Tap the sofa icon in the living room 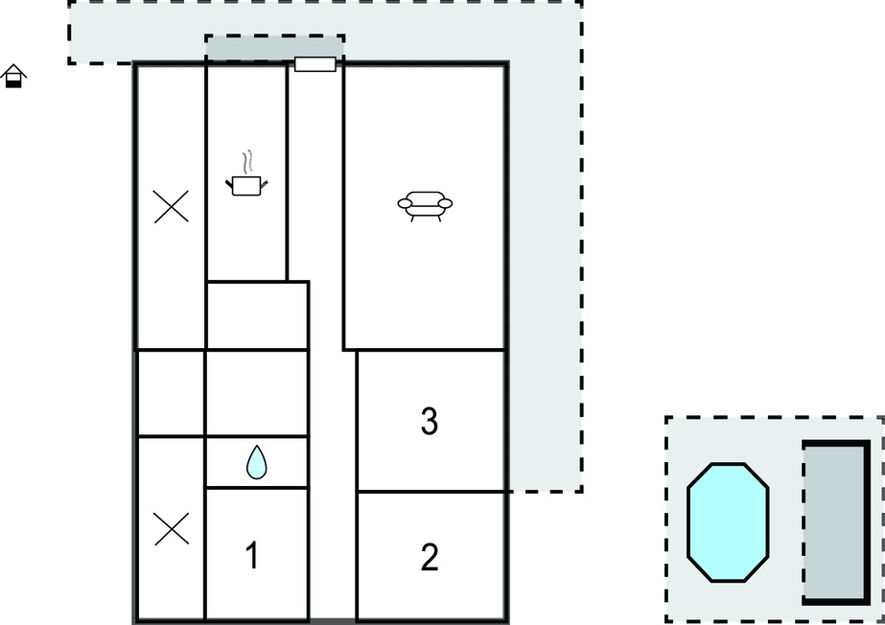(425, 205)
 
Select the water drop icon (257, 463)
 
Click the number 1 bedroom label (252, 555)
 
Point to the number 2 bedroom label (430, 557)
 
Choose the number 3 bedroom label (430, 421)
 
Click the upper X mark (171, 207)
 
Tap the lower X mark (172, 529)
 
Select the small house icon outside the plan (13, 76)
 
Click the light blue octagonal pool (728, 522)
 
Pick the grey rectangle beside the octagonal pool (836, 522)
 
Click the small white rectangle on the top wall (314, 64)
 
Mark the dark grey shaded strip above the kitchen (275, 48)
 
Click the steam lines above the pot (246, 162)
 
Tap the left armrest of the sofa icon (406, 203)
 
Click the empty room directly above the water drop (257, 393)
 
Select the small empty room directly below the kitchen (257, 315)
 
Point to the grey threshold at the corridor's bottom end (333, 621)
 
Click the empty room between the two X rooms (171, 393)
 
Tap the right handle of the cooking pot (264, 183)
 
